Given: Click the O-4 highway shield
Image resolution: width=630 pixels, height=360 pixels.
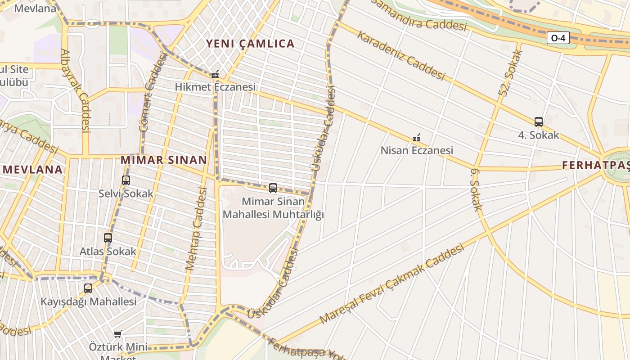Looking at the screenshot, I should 558,38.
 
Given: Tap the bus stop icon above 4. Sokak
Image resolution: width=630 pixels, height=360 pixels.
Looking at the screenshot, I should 538,121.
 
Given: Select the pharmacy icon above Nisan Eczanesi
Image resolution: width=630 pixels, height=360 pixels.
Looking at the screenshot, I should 417,138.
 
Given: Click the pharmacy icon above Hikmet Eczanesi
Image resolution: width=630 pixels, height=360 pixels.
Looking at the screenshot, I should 215,74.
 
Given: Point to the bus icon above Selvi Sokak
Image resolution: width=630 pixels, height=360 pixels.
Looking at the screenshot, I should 126,180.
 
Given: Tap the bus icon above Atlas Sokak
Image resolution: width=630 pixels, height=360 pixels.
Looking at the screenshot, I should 108,238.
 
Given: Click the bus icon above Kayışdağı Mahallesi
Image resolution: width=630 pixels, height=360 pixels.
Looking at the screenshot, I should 88,288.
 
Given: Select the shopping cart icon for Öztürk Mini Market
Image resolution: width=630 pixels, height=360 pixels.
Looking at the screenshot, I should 118,334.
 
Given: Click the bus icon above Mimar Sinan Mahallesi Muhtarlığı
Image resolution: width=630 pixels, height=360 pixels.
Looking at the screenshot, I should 273,188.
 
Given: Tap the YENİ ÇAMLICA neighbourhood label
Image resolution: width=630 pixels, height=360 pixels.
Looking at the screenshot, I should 250,44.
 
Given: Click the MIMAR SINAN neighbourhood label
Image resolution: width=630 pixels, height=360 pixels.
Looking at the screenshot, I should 164,160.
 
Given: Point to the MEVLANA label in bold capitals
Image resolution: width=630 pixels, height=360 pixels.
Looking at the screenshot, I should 32,170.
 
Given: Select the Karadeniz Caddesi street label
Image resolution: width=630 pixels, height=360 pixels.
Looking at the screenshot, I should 400,55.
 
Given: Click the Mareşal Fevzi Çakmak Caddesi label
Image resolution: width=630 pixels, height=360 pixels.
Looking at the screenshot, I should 391,283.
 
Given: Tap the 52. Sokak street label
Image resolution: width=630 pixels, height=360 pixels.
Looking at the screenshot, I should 510,73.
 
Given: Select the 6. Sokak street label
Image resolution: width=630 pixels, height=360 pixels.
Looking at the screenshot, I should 476,190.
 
